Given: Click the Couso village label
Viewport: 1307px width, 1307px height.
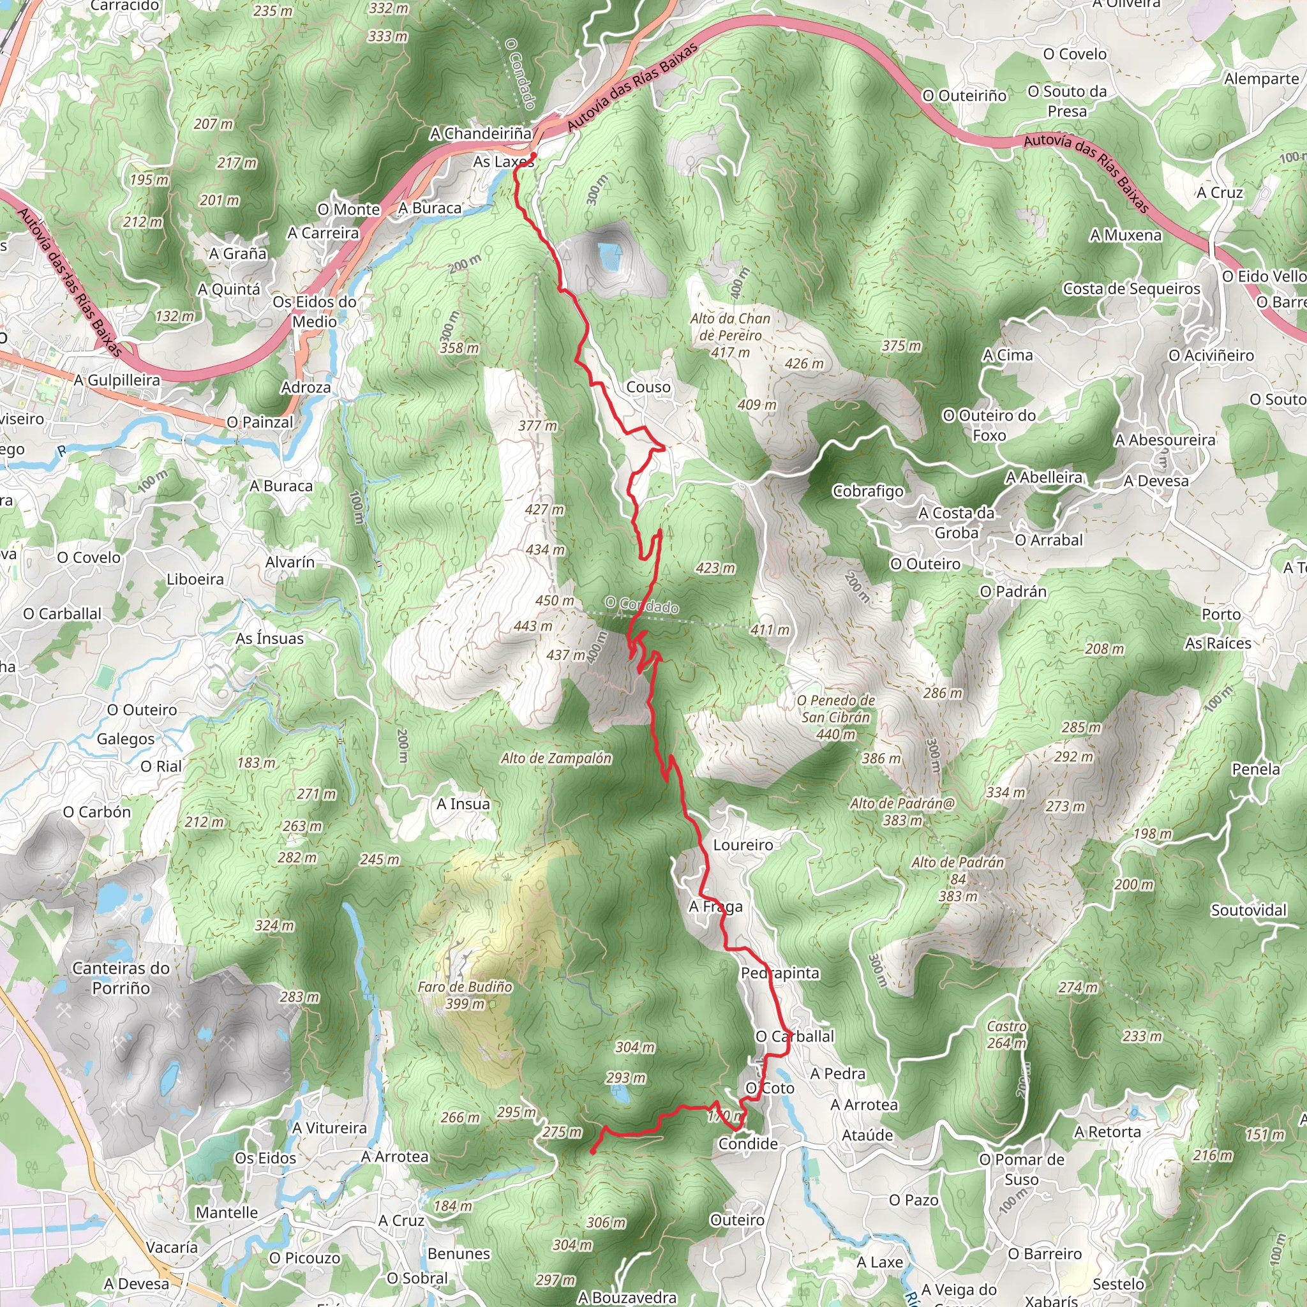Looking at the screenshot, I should coord(648,387).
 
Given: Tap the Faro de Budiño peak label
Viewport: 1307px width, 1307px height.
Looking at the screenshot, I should coord(465,987).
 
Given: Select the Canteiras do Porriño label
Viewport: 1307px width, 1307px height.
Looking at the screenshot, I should coord(121,978).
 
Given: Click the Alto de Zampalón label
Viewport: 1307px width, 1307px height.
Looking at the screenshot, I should coord(556,758).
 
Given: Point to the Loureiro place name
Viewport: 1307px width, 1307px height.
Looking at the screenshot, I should coord(743,845).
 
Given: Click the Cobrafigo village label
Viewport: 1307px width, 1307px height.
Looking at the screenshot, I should coord(868,491).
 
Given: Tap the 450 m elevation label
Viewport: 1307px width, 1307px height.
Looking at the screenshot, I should coord(555,601).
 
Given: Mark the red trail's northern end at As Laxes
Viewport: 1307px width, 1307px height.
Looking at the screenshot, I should coord(534,156).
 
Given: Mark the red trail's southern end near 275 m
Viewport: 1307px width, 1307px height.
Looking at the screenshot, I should coord(593,1151).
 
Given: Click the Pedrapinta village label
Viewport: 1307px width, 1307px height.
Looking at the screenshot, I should coord(780,973).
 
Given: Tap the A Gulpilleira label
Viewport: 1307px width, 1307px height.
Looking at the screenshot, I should coord(117,380).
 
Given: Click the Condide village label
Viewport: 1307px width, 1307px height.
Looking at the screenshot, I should coord(747,1143).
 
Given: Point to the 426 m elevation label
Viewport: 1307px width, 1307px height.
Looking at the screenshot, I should coord(803,364).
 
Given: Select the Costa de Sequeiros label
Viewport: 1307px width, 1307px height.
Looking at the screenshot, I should coord(1131,289).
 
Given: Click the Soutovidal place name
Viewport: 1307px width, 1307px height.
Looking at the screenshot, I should coord(1248,910).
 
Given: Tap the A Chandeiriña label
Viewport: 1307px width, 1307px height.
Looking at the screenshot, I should coord(481,134).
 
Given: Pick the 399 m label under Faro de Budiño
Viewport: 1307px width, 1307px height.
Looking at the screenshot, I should coord(465,1004).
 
